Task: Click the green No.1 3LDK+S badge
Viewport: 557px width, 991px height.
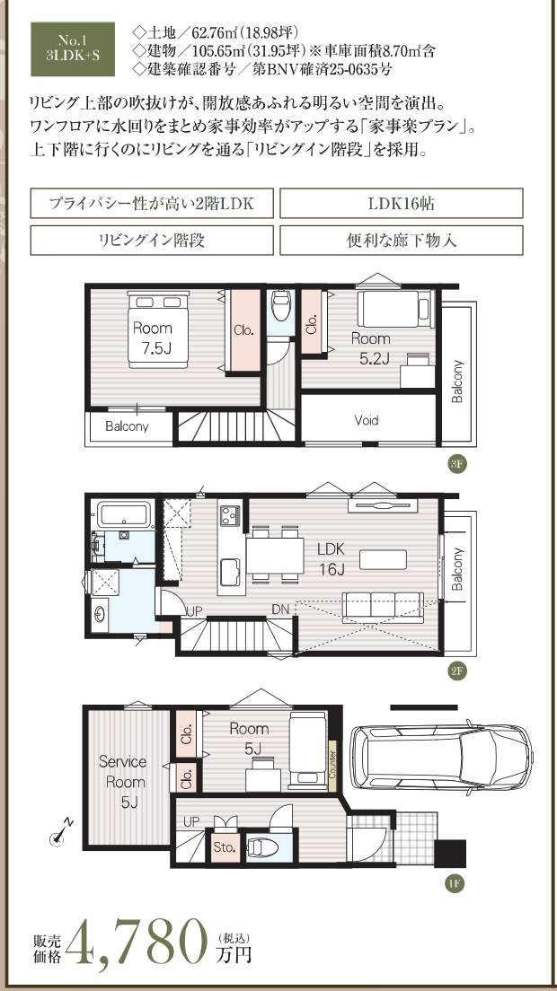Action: coord(73,49)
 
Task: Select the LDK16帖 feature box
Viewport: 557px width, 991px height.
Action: coord(402,204)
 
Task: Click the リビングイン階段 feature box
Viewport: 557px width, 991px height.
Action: coord(152,241)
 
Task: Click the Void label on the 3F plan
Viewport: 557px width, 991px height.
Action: coord(367,420)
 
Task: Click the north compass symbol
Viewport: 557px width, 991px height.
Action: coord(61,834)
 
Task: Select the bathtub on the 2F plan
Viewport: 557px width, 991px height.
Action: coord(125,513)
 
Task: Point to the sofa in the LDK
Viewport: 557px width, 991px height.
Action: coord(383,608)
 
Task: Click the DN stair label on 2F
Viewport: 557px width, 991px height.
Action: coord(280,610)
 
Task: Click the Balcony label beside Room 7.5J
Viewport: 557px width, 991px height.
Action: coord(127,426)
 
